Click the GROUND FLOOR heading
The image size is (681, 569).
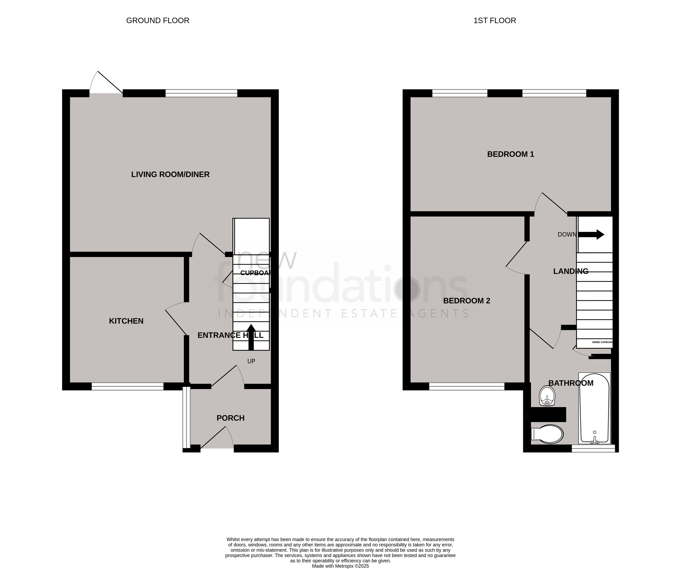158,20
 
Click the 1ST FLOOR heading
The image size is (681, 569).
495,20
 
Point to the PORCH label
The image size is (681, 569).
230,418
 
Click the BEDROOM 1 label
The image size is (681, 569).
511,154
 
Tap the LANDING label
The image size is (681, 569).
571,271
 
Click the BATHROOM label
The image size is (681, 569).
571,383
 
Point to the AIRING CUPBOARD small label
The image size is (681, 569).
602,342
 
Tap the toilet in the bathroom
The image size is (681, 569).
547,434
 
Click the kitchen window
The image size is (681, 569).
127,386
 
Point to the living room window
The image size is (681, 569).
201,93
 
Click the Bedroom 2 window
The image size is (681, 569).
467,386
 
